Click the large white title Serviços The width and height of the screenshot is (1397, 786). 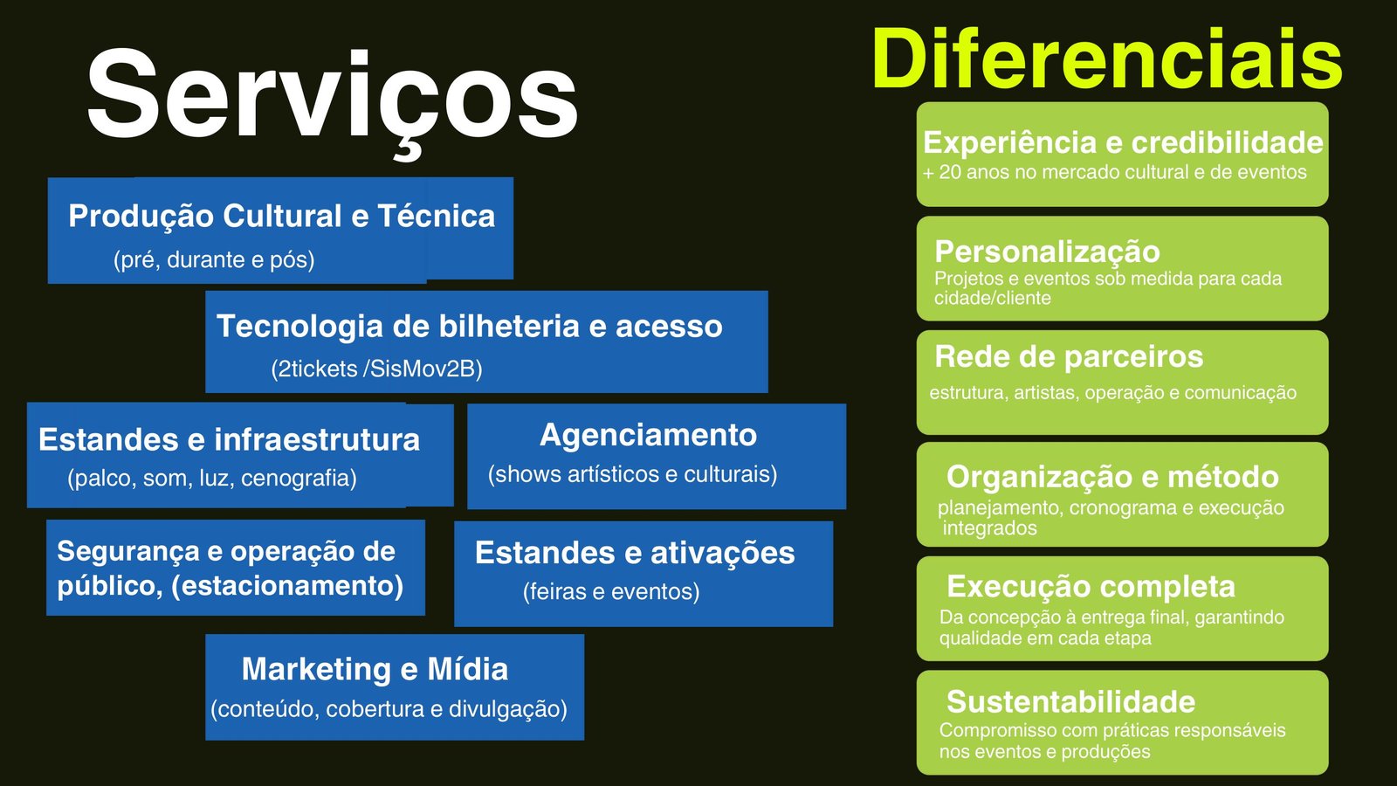tap(332, 96)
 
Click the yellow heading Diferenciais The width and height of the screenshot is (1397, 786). tap(1107, 59)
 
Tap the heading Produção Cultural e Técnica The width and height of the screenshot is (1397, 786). tap(281, 216)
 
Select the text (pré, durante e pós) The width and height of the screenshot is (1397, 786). tap(214, 259)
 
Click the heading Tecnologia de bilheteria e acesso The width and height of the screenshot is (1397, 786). tap(469, 326)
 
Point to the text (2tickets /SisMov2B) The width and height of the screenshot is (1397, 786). tap(376, 369)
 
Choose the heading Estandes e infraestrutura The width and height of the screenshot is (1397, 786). tap(229, 439)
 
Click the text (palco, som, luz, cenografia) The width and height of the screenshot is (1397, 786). tap(212, 478)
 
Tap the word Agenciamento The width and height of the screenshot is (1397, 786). tap(648, 435)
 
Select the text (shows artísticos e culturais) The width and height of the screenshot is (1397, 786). tap(632, 474)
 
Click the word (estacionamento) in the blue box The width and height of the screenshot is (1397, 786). tap(287, 585)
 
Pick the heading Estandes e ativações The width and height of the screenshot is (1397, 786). tap(635, 553)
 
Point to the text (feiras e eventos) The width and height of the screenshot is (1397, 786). tap(611, 591)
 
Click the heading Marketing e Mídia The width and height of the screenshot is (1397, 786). tap(375, 669)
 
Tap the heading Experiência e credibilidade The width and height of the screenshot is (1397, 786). tap(1123, 142)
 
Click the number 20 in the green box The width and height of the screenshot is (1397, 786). tap(949, 172)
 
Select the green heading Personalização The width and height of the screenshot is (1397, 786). tap(1047, 252)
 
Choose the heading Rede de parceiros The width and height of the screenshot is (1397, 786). tap(1069, 356)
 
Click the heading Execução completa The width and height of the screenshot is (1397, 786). tap(1091, 586)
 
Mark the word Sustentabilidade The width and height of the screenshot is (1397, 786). tap(1070, 701)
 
